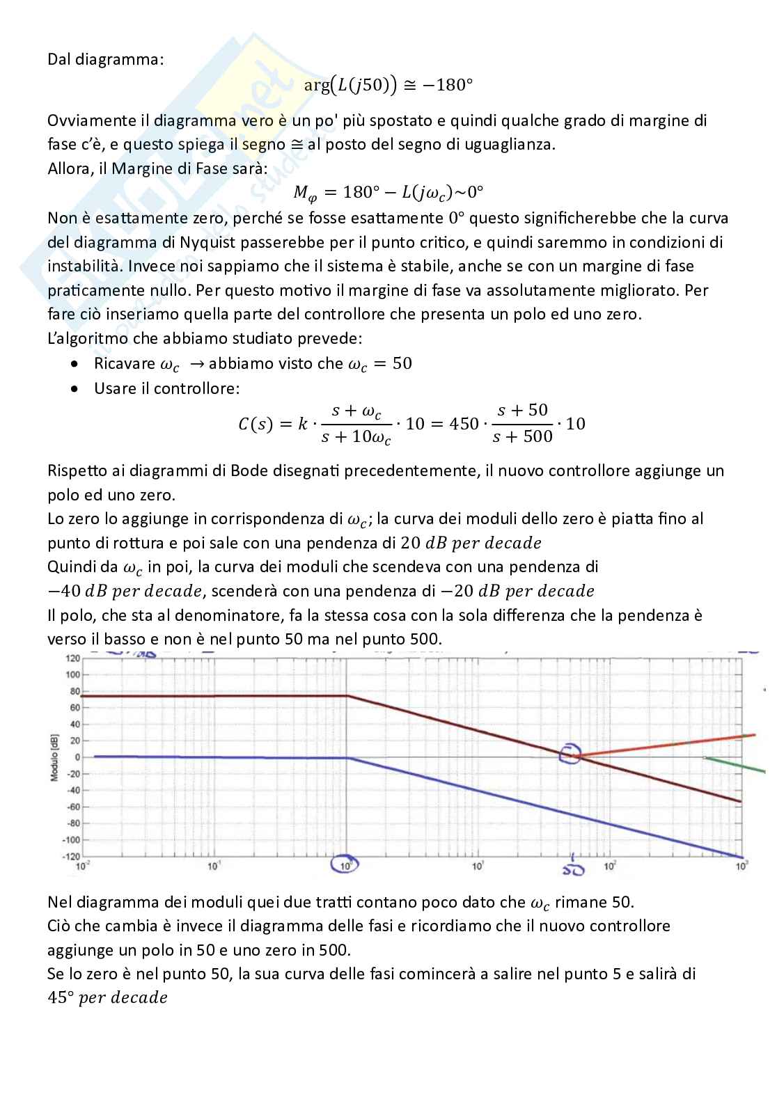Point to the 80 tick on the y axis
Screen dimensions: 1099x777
pos(72,691)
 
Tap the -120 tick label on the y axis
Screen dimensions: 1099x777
pos(70,856)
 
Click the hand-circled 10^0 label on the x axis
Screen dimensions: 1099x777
pos(345,865)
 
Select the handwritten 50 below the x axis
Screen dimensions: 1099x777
pos(573,869)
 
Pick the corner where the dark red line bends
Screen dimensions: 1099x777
pos(347,695)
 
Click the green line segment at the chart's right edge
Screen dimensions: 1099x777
pos(738,764)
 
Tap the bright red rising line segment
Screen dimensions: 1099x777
pos(668,744)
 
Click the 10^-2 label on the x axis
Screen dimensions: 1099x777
pos(82,867)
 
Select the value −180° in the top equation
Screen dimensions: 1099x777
pos(448,86)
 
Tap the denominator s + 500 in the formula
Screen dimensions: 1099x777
pos(522,437)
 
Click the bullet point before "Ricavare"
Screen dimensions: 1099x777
pos(75,364)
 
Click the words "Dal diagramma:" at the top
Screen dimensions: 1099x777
pos(106,59)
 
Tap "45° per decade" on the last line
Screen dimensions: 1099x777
pos(107,998)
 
